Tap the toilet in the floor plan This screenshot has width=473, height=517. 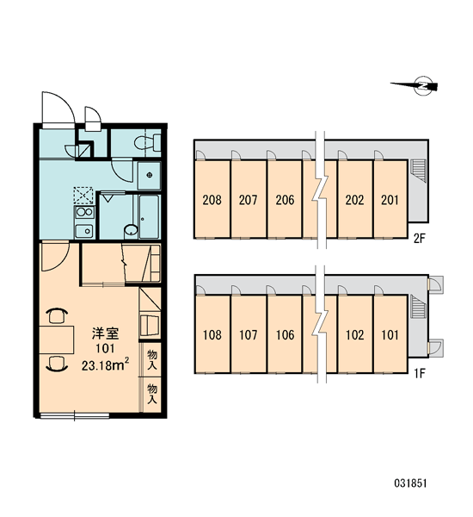click(147, 143)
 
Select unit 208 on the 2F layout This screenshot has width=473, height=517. click(212, 199)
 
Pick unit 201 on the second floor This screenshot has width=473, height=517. click(390, 199)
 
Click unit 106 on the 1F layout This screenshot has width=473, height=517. click(285, 334)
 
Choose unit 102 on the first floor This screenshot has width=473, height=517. click(355, 334)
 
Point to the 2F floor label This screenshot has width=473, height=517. click(420, 238)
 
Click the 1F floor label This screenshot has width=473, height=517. click(420, 373)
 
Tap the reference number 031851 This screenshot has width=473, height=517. click(410, 483)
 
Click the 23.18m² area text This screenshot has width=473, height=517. click(105, 365)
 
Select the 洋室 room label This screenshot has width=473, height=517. click(105, 333)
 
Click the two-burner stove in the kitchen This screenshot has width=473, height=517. click(84, 212)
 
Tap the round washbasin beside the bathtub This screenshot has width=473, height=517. click(131, 231)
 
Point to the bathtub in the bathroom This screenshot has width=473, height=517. click(149, 216)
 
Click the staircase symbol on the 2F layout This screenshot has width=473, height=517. click(418, 171)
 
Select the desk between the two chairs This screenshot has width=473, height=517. click(56, 339)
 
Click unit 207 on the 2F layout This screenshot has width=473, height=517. click(249, 199)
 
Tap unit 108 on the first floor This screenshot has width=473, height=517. click(212, 334)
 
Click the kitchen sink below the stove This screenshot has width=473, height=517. click(84, 230)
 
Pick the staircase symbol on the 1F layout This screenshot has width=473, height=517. click(418, 307)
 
